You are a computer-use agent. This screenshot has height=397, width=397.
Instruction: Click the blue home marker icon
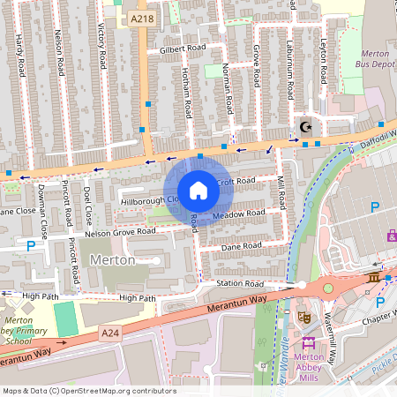[198, 191]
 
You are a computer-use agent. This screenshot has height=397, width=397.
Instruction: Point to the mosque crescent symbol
[306, 124]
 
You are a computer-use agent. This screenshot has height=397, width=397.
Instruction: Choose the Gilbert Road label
[183, 50]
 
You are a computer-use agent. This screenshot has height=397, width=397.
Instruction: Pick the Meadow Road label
[238, 213]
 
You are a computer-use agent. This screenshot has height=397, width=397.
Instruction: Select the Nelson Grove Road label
[120, 232]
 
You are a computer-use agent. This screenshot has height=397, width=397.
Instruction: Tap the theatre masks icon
[304, 317]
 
